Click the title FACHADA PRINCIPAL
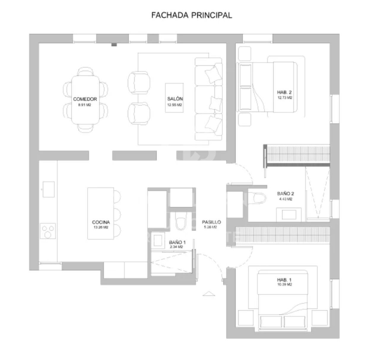pyautogui.click(x=191, y=15)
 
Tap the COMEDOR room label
pyautogui.click(x=85, y=99)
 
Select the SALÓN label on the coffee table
pyautogui.click(x=175, y=99)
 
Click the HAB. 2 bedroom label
pyautogui.click(x=284, y=92)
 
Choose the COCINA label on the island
pyautogui.click(x=101, y=222)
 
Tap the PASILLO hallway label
pyautogui.click(x=211, y=222)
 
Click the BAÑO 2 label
pyautogui.click(x=285, y=194)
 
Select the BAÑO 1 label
pyautogui.click(x=176, y=242)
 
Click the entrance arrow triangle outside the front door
pyautogui.click(x=210, y=294)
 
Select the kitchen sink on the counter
pyautogui.click(x=49, y=189)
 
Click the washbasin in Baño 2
pyautogui.click(x=289, y=214)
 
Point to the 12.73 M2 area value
pyautogui.click(x=284, y=98)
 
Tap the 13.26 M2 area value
pyautogui.click(x=101, y=227)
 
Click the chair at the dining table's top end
pyautogui.click(x=85, y=71)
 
